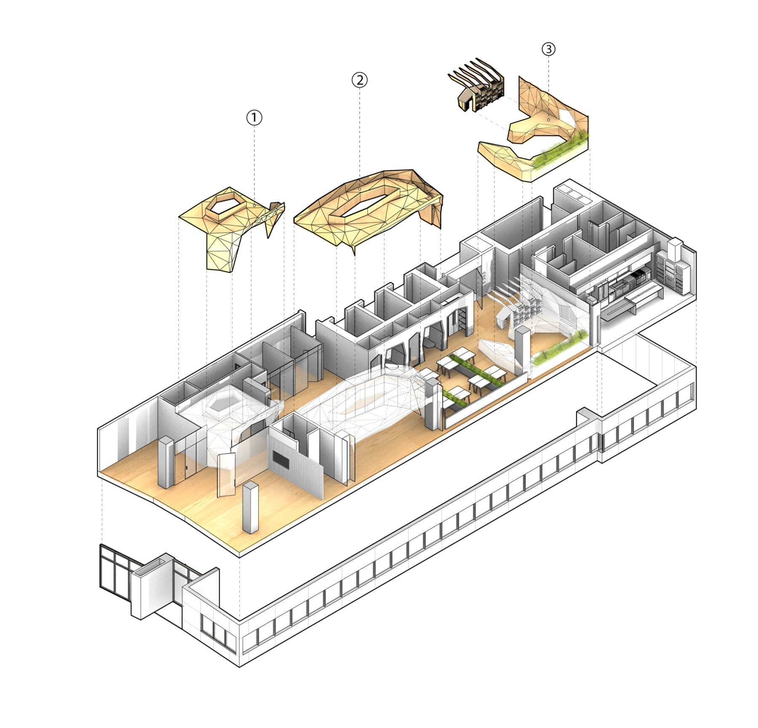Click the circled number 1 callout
click(x=254, y=118)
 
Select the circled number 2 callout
click(x=359, y=80)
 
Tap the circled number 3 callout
click(x=548, y=49)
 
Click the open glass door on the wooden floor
click(x=226, y=474)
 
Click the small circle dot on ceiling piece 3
click(x=548, y=120)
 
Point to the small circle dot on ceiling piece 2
click(x=359, y=190)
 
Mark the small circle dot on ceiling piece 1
click(x=254, y=206)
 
